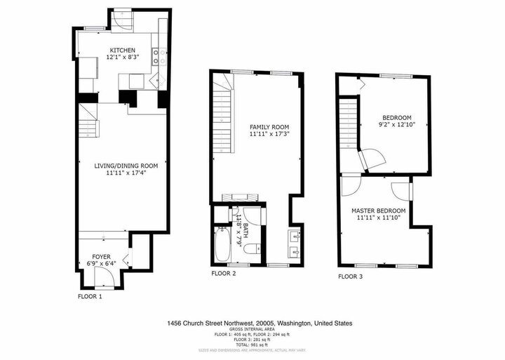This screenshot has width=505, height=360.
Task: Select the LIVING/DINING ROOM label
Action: (x=126, y=166)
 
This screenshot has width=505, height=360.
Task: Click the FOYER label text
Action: (x=102, y=256)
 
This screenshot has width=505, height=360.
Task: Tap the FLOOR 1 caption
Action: (x=90, y=297)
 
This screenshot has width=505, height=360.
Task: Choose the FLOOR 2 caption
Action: (x=224, y=273)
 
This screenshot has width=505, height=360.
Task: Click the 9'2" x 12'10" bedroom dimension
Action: (x=396, y=124)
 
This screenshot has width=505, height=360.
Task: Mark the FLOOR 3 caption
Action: (x=351, y=276)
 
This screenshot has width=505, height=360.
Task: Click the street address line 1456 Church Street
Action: (x=260, y=324)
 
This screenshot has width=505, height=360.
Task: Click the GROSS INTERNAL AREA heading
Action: (x=260, y=331)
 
